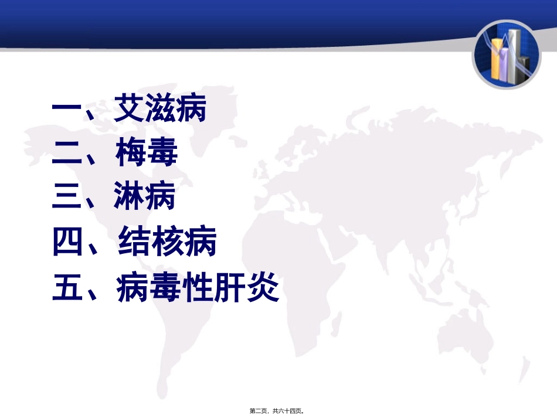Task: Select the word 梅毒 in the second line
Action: [146, 155]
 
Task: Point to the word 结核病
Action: [167, 243]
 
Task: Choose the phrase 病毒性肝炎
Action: [198, 288]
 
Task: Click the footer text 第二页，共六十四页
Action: [278, 411]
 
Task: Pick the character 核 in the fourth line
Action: [167, 243]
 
